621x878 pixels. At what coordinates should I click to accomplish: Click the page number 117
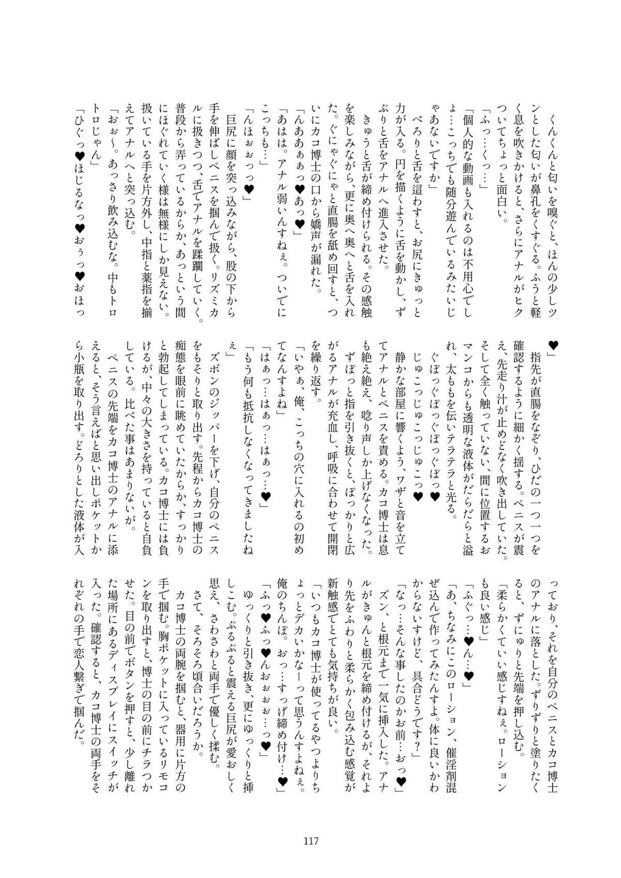(x=310, y=841)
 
